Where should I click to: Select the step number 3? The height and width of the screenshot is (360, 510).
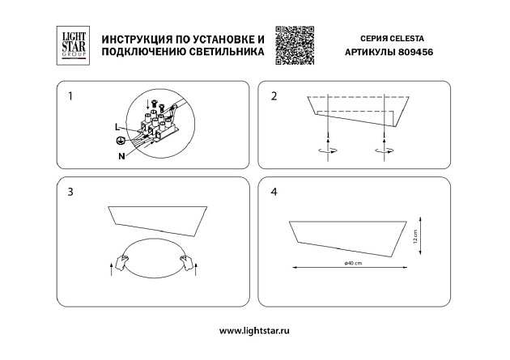(71, 193)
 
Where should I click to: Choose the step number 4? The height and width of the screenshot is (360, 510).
(274, 193)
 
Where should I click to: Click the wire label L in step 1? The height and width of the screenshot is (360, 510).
(117, 128)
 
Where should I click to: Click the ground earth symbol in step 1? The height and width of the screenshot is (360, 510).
(120, 140)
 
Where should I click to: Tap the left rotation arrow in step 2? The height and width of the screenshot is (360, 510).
(327, 150)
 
